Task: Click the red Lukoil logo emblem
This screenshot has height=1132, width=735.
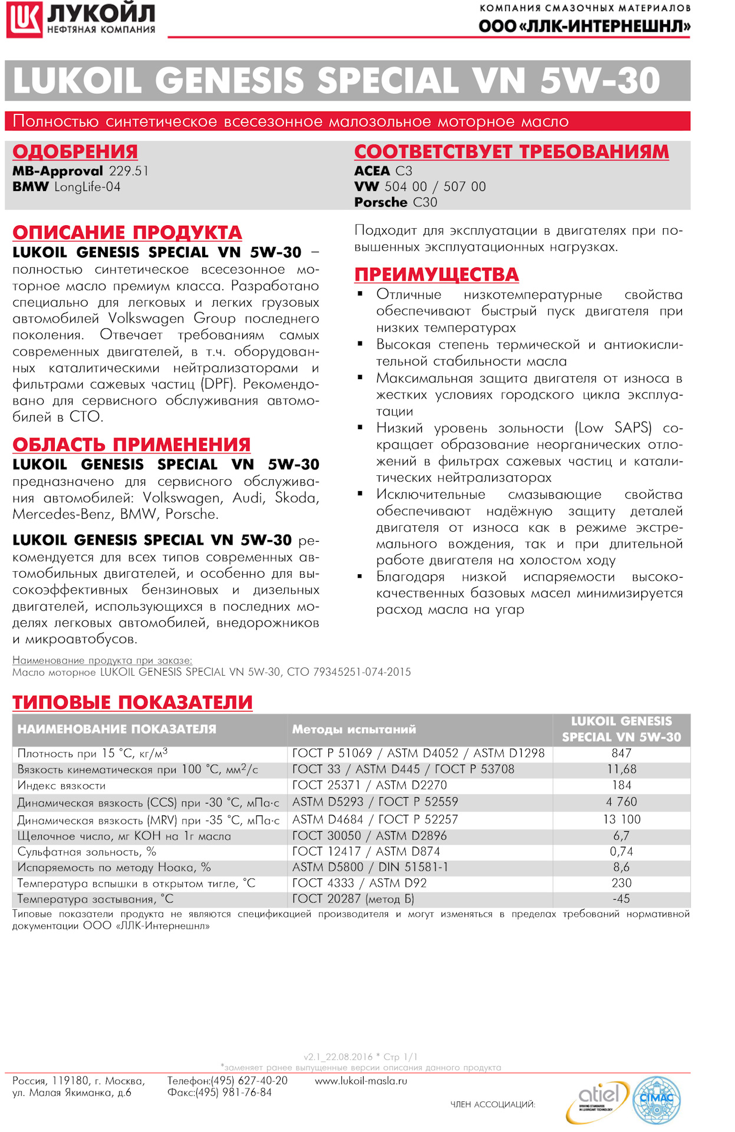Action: (x=24, y=19)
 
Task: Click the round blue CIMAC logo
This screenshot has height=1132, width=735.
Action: (x=657, y=1100)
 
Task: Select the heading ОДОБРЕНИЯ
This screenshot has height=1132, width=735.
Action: (x=75, y=152)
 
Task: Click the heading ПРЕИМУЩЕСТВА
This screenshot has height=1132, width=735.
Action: (x=436, y=274)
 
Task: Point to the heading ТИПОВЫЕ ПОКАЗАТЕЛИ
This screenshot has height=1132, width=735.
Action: (x=133, y=702)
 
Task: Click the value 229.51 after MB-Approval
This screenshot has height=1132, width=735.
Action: (x=128, y=171)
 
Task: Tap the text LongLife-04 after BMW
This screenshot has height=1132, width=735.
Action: (x=87, y=187)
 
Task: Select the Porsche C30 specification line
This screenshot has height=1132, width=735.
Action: (x=395, y=202)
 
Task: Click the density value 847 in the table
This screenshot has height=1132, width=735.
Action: (x=621, y=753)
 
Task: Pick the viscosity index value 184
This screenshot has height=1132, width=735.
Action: (x=621, y=785)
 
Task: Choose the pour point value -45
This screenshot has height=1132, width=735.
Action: (x=621, y=899)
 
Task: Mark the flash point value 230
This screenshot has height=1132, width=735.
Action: (x=621, y=883)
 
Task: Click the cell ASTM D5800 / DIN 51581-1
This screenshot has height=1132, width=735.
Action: (x=370, y=867)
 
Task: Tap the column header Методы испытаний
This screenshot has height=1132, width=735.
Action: (x=354, y=729)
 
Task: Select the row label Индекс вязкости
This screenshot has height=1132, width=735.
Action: (x=61, y=785)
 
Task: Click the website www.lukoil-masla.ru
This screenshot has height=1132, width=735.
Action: (x=361, y=1081)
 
